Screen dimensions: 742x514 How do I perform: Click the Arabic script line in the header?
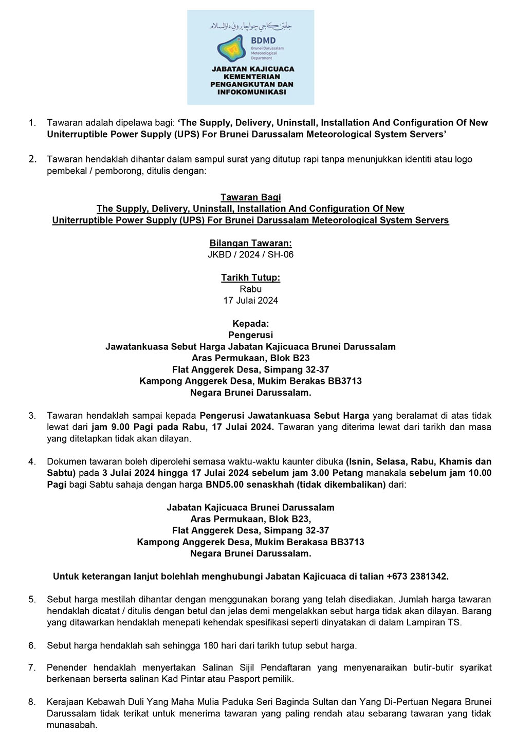point(250,26)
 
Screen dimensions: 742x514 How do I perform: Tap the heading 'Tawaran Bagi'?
point(250,197)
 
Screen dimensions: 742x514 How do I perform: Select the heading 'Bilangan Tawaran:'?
point(250,243)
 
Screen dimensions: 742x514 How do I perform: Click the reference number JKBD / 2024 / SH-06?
point(250,254)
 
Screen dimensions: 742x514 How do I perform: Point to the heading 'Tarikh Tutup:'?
point(250,277)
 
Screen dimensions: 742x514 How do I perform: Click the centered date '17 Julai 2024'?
point(250,301)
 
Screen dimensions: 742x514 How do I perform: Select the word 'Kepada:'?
point(250,324)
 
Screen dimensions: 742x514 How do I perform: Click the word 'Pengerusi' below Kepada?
point(250,335)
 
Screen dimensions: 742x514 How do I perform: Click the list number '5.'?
point(32,599)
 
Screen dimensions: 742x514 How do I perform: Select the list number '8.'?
point(32,702)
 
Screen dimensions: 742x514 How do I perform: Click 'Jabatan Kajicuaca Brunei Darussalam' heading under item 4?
point(250,508)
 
